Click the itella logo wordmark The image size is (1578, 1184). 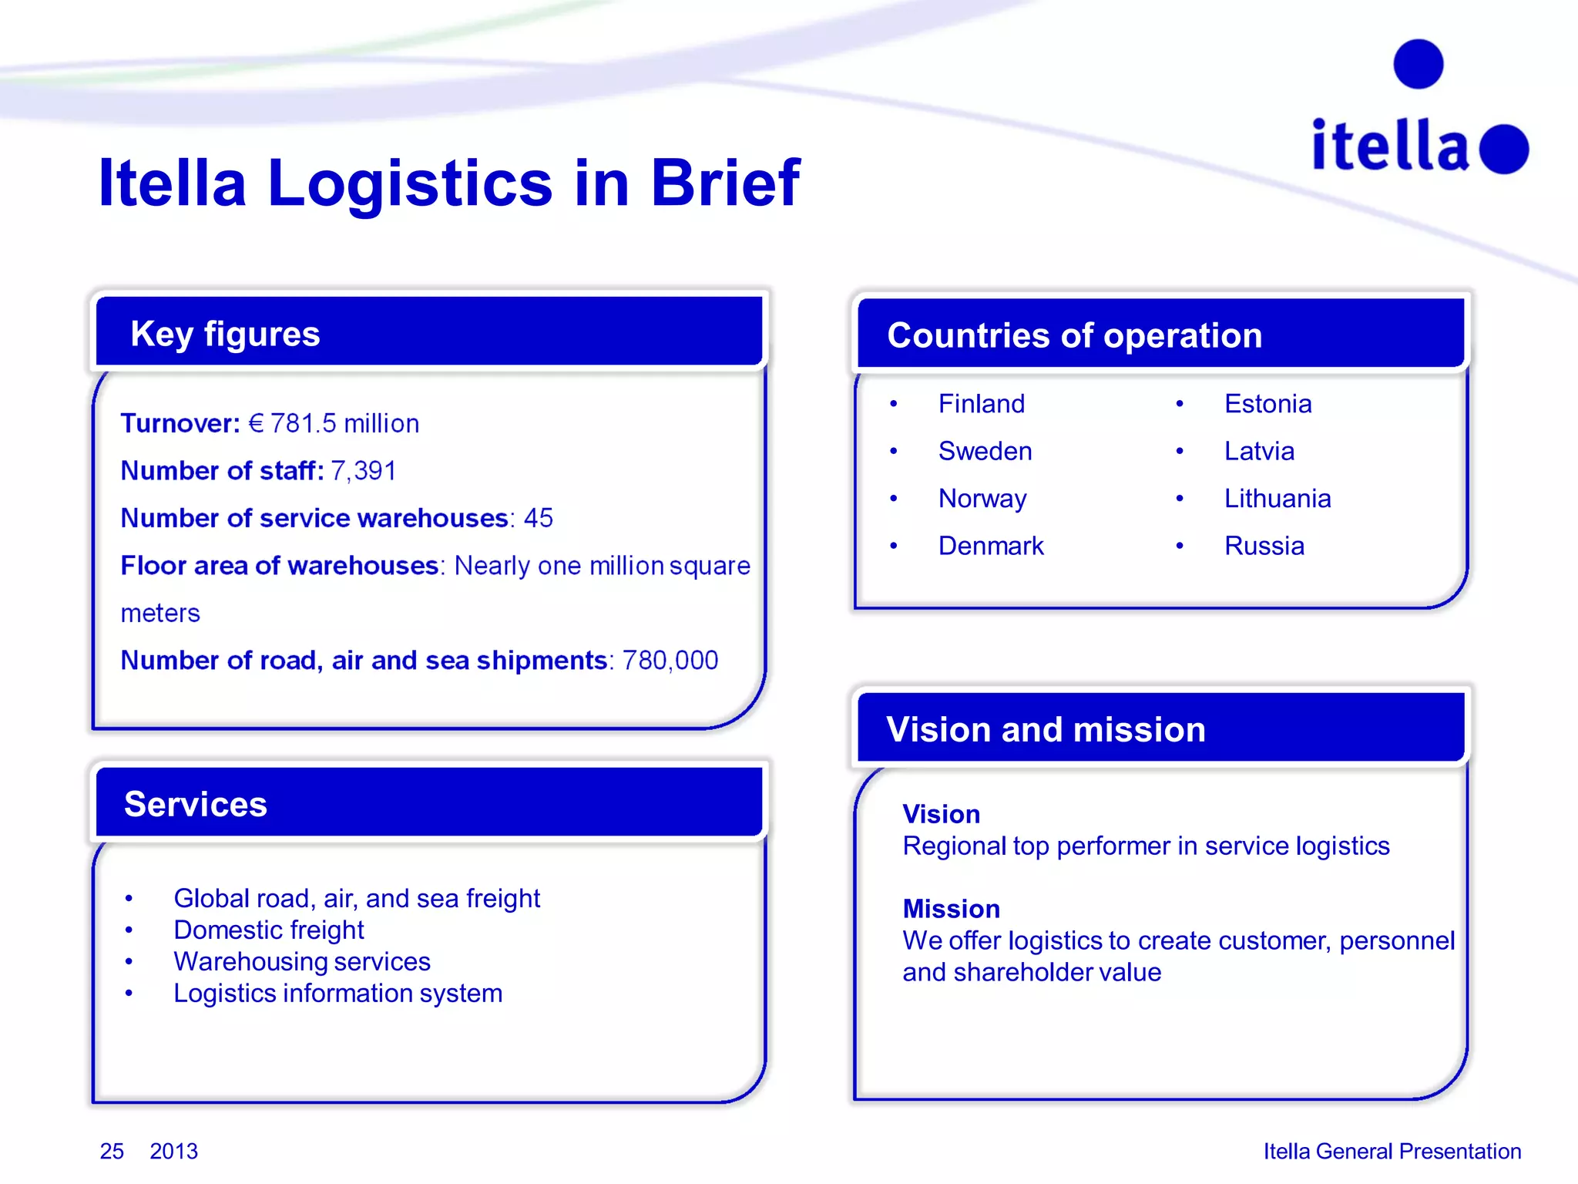[1391, 146]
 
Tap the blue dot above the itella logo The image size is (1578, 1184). [1418, 64]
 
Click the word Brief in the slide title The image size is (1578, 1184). [724, 183]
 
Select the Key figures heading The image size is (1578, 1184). [225, 334]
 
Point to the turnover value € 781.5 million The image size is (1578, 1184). [334, 423]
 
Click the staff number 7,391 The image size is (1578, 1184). [363, 470]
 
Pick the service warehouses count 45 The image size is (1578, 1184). [538, 518]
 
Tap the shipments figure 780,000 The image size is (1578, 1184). [670, 661]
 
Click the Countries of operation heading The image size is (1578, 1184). [1074, 335]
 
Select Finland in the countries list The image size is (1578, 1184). [981, 404]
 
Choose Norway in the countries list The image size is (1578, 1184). [982, 499]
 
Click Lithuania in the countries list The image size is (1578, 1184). [1277, 499]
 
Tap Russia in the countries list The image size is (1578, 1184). [1264, 546]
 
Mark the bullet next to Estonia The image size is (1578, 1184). [1179, 404]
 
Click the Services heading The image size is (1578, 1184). [196, 804]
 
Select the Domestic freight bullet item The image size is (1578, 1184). [268, 930]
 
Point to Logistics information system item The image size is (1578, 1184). [337, 993]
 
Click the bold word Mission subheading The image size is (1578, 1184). [951, 909]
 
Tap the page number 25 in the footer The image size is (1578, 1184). [112, 1151]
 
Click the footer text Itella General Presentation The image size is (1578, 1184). [1392, 1151]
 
